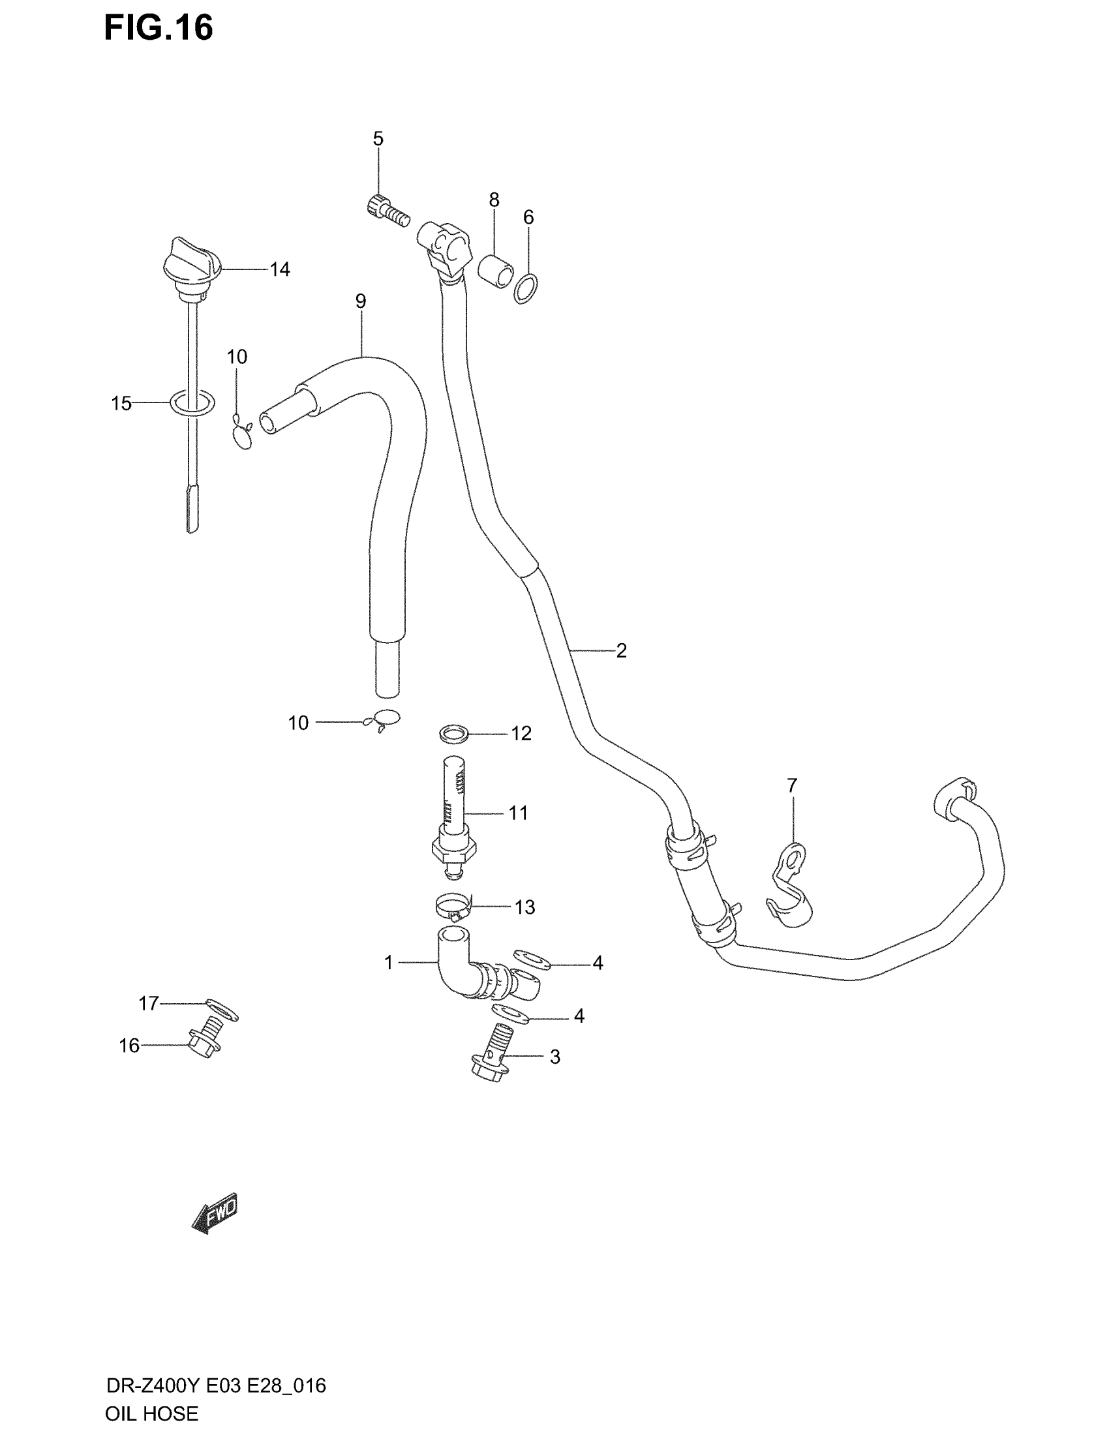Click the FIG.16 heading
coord(159,28)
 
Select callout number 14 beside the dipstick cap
coord(280,269)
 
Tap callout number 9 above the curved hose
coord(361,301)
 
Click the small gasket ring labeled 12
coord(453,733)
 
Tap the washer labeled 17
coord(221,1010)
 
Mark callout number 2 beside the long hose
coord(621,650)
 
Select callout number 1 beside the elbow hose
coord(388,963)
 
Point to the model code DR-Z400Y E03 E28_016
coord(215,1385)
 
